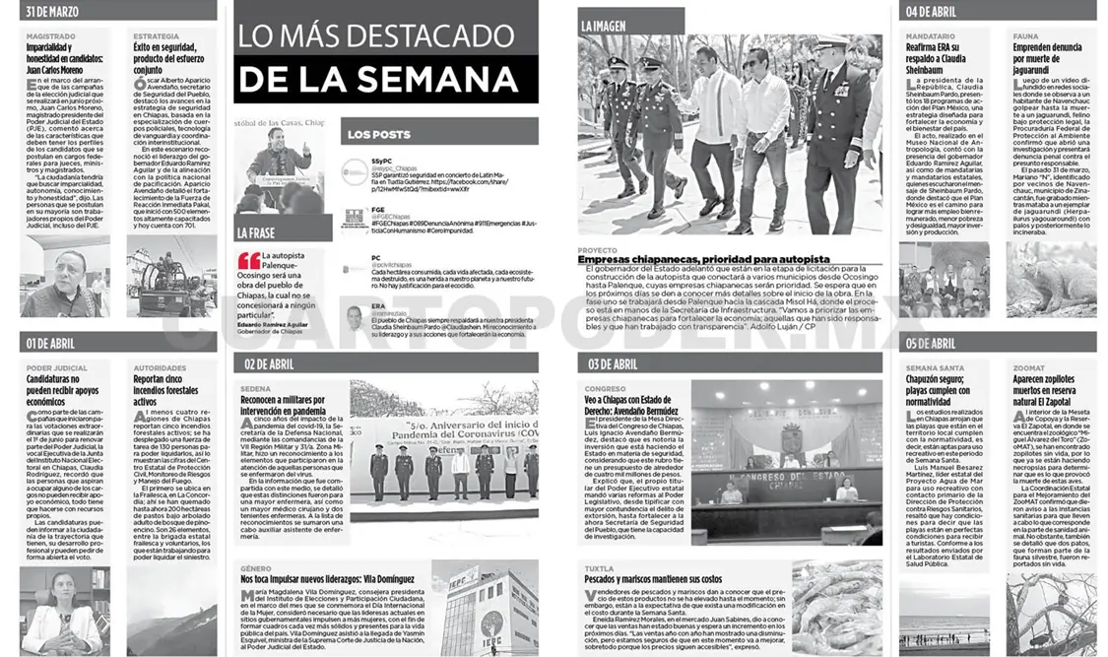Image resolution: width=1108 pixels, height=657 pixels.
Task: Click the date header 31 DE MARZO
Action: (54, 12)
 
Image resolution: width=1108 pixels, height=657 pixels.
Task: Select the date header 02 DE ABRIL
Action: (271, 363)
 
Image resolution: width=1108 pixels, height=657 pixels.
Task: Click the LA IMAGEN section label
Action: (602, 25)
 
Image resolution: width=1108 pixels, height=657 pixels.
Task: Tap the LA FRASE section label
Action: (255, 233)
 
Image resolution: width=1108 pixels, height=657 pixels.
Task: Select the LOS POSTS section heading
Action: (379, 134)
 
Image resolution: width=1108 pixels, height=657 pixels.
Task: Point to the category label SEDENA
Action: (256, 389)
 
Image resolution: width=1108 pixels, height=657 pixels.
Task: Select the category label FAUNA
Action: (1024, 35)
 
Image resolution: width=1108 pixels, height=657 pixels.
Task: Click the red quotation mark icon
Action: (249, 261)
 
